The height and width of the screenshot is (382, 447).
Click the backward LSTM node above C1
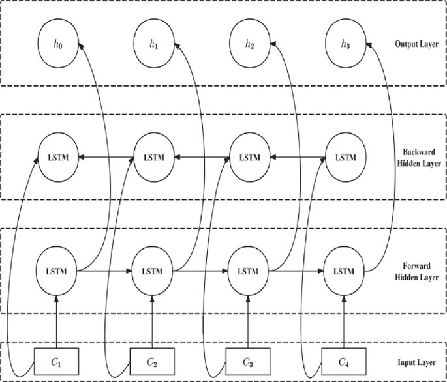(x=57, y=158)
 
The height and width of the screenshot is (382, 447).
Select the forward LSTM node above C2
(x=153, y=270)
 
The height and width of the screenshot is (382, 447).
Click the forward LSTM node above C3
(x=248, y=270)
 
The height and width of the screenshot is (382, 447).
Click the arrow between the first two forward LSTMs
(x=105, y=270)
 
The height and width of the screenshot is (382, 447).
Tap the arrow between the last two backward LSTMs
(x=296, y=158)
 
